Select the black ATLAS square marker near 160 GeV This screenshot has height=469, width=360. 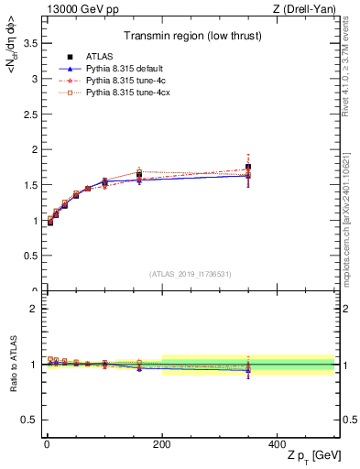[x=139, y=175]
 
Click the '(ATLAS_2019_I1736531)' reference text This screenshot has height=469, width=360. [x=191, y=273]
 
